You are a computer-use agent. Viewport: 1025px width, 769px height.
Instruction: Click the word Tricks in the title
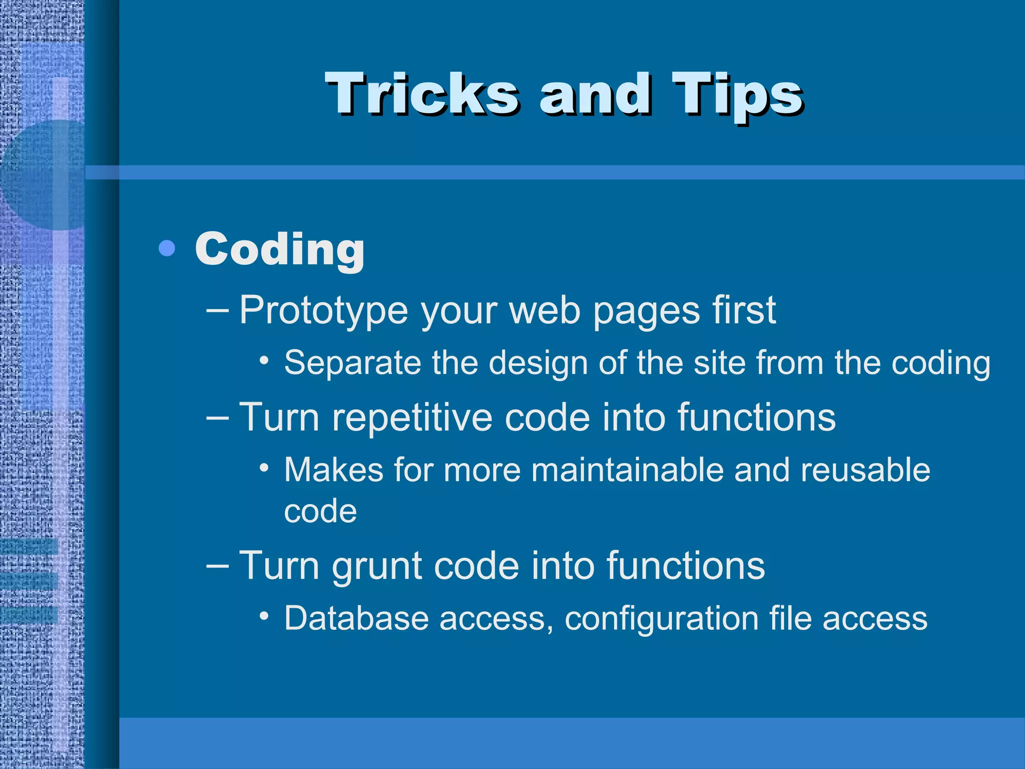tap(422, 94)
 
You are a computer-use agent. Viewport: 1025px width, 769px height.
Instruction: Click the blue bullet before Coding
tap(167, 248)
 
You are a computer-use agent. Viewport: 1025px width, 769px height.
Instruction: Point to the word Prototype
tap(323, 311)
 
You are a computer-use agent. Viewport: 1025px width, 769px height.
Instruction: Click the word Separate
tap(352, 362)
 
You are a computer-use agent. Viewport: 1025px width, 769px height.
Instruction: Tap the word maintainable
tap(627, 470)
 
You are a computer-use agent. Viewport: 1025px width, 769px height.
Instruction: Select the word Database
tap(356, 618)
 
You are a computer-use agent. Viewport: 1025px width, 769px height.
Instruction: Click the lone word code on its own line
tap(320, 512)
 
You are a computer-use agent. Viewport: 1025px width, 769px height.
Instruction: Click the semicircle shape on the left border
tap(40, 175)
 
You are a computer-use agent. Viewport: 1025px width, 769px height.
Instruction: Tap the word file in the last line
tap(790, 618)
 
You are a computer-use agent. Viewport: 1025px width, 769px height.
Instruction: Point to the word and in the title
tap(596, 94)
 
